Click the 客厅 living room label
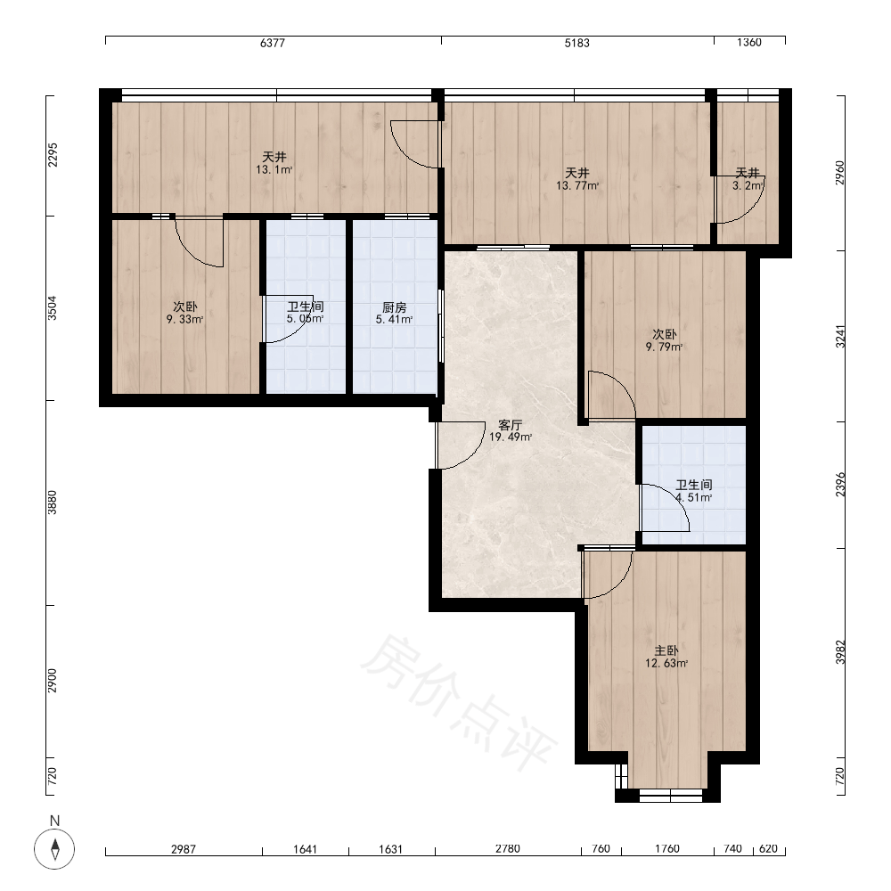pyautogui.click(x=510, y=424)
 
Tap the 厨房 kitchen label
pyautogui.click(x=395, y=307)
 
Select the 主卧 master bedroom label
pyautogui.click(x=666, y=650)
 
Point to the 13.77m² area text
pyautogui.click(x=577, y=185)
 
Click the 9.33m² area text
pyautogui.click(x=184, y=319)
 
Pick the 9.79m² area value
pyautogui.click(x=665, y=347)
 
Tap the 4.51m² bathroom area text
pyautogui.click(x=694, y=497)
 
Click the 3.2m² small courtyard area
pyautogui.click(x=748, y=185)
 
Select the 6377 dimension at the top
pyautogui.click(x=272, y=43)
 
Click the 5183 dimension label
pyautogui.click(x=576, y=43)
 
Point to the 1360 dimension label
pyautogui.click(x=749, y=43)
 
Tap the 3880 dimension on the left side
pyautogui.click(x=53, y=503)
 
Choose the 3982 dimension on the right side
pyautogui.click(x=840, y=652)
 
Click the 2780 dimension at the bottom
pyautogui.click(x=508, y=848)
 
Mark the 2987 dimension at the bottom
pyautogui.click(x=183, y=849)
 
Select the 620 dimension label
pyautogui.click(x=768, y=848)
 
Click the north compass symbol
pyautogui.click(x=54, y=849)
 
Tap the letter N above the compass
pyautogui.click(x=54, y=821)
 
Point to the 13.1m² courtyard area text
pyautogui.click(x=274, y=169)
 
